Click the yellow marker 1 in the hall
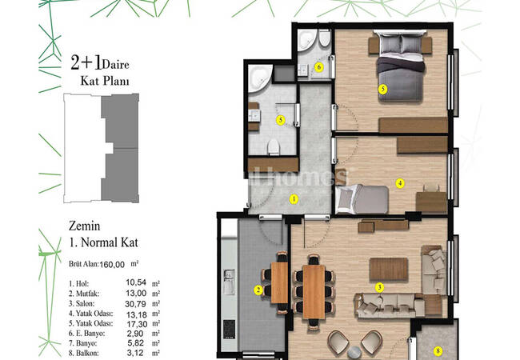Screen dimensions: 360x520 (x=294, y=199)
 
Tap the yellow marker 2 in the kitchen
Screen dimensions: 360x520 (x=258, y=290)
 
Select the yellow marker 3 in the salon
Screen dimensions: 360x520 (x=380, y=287)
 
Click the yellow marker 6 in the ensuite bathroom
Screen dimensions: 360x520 (x=318, y=67)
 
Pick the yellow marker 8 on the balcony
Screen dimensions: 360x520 (x=438, y=350)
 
